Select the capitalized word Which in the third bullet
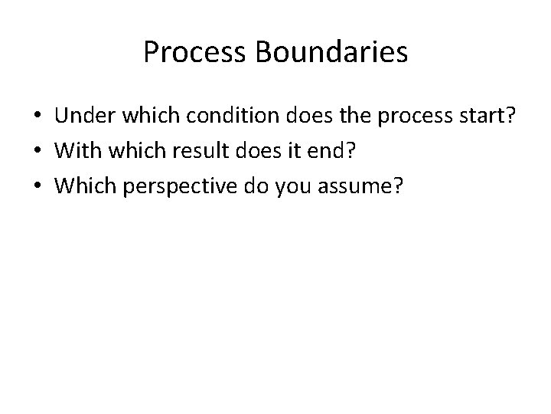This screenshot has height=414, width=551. pyautogui.click(x=85, y=184)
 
